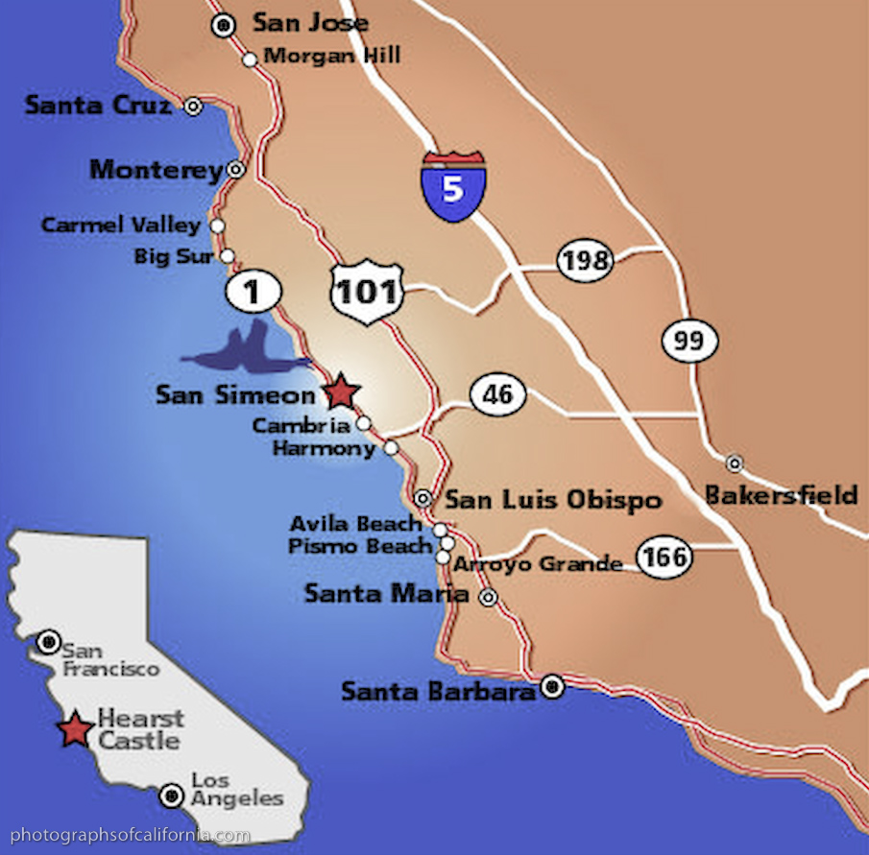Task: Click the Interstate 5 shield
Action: coord(452,185)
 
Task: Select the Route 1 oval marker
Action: coord(253,292)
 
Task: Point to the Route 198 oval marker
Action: coord(585,261)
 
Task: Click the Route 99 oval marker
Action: coord(689,342)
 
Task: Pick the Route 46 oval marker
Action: coord(497,394)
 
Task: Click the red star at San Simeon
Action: coord(341,392)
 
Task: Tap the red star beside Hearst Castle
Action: coord(74,730)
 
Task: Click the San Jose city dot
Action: coord(225,26)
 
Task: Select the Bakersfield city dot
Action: coord(735,463)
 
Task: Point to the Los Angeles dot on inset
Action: coord(172,795)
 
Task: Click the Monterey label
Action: coord(157,170)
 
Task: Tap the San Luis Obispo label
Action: coord(552,500)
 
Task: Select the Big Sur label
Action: coord(174,256)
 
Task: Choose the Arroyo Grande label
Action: coord(538,564)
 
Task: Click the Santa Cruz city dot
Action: coord(193,107)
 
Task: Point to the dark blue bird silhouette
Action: coord(245,351)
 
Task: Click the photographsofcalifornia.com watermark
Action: coord(130,835)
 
